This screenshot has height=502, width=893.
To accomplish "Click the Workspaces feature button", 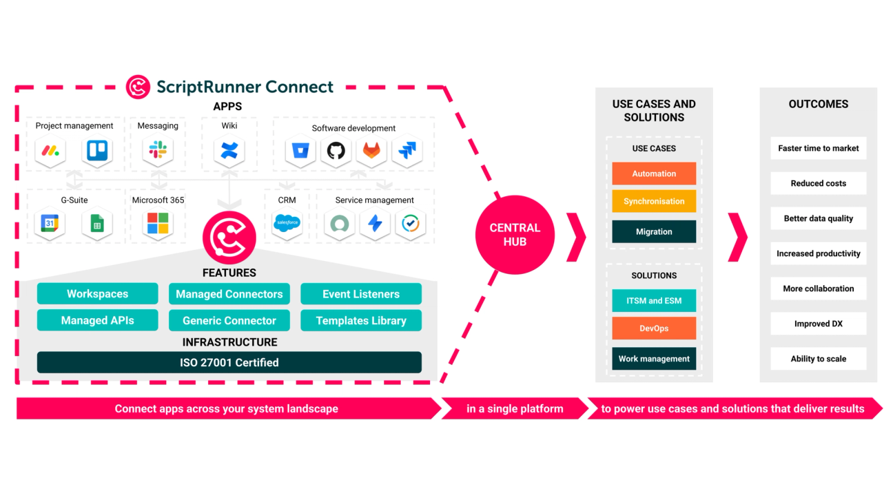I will click(97, 294).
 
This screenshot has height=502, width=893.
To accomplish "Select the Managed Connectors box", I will click(229, 294).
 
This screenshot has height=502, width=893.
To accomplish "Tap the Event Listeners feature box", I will click(361, 294).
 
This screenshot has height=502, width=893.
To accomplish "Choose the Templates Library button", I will click(361, 320).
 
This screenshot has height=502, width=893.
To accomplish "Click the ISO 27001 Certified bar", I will click(229, 362).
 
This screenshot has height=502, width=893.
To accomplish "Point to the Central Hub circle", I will click(515, 235).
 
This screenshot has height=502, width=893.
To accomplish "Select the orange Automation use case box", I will click(654, 174).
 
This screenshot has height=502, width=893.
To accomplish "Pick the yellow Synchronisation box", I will click(654, 201).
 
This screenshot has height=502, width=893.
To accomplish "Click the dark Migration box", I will click(654, 231).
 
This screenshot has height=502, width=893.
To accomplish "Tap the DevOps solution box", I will click(654, 328).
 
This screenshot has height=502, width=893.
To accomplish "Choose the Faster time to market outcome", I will click(818, 148).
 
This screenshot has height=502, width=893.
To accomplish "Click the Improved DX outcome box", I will click(818, 324).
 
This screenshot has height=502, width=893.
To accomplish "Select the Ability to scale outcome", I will click(818, 359).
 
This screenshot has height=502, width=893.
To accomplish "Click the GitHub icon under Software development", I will click(336, 151).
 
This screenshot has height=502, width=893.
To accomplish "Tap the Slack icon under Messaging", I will click(158, 150).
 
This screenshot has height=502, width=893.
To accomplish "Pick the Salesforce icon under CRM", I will click(287, 223).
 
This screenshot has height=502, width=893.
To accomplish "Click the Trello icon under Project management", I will click(96, 150).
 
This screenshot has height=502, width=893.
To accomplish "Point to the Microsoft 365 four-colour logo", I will click(158, 223).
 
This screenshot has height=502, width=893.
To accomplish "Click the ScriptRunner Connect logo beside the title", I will click(138, 87).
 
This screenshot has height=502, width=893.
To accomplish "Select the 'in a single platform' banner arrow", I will click(515, 408).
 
